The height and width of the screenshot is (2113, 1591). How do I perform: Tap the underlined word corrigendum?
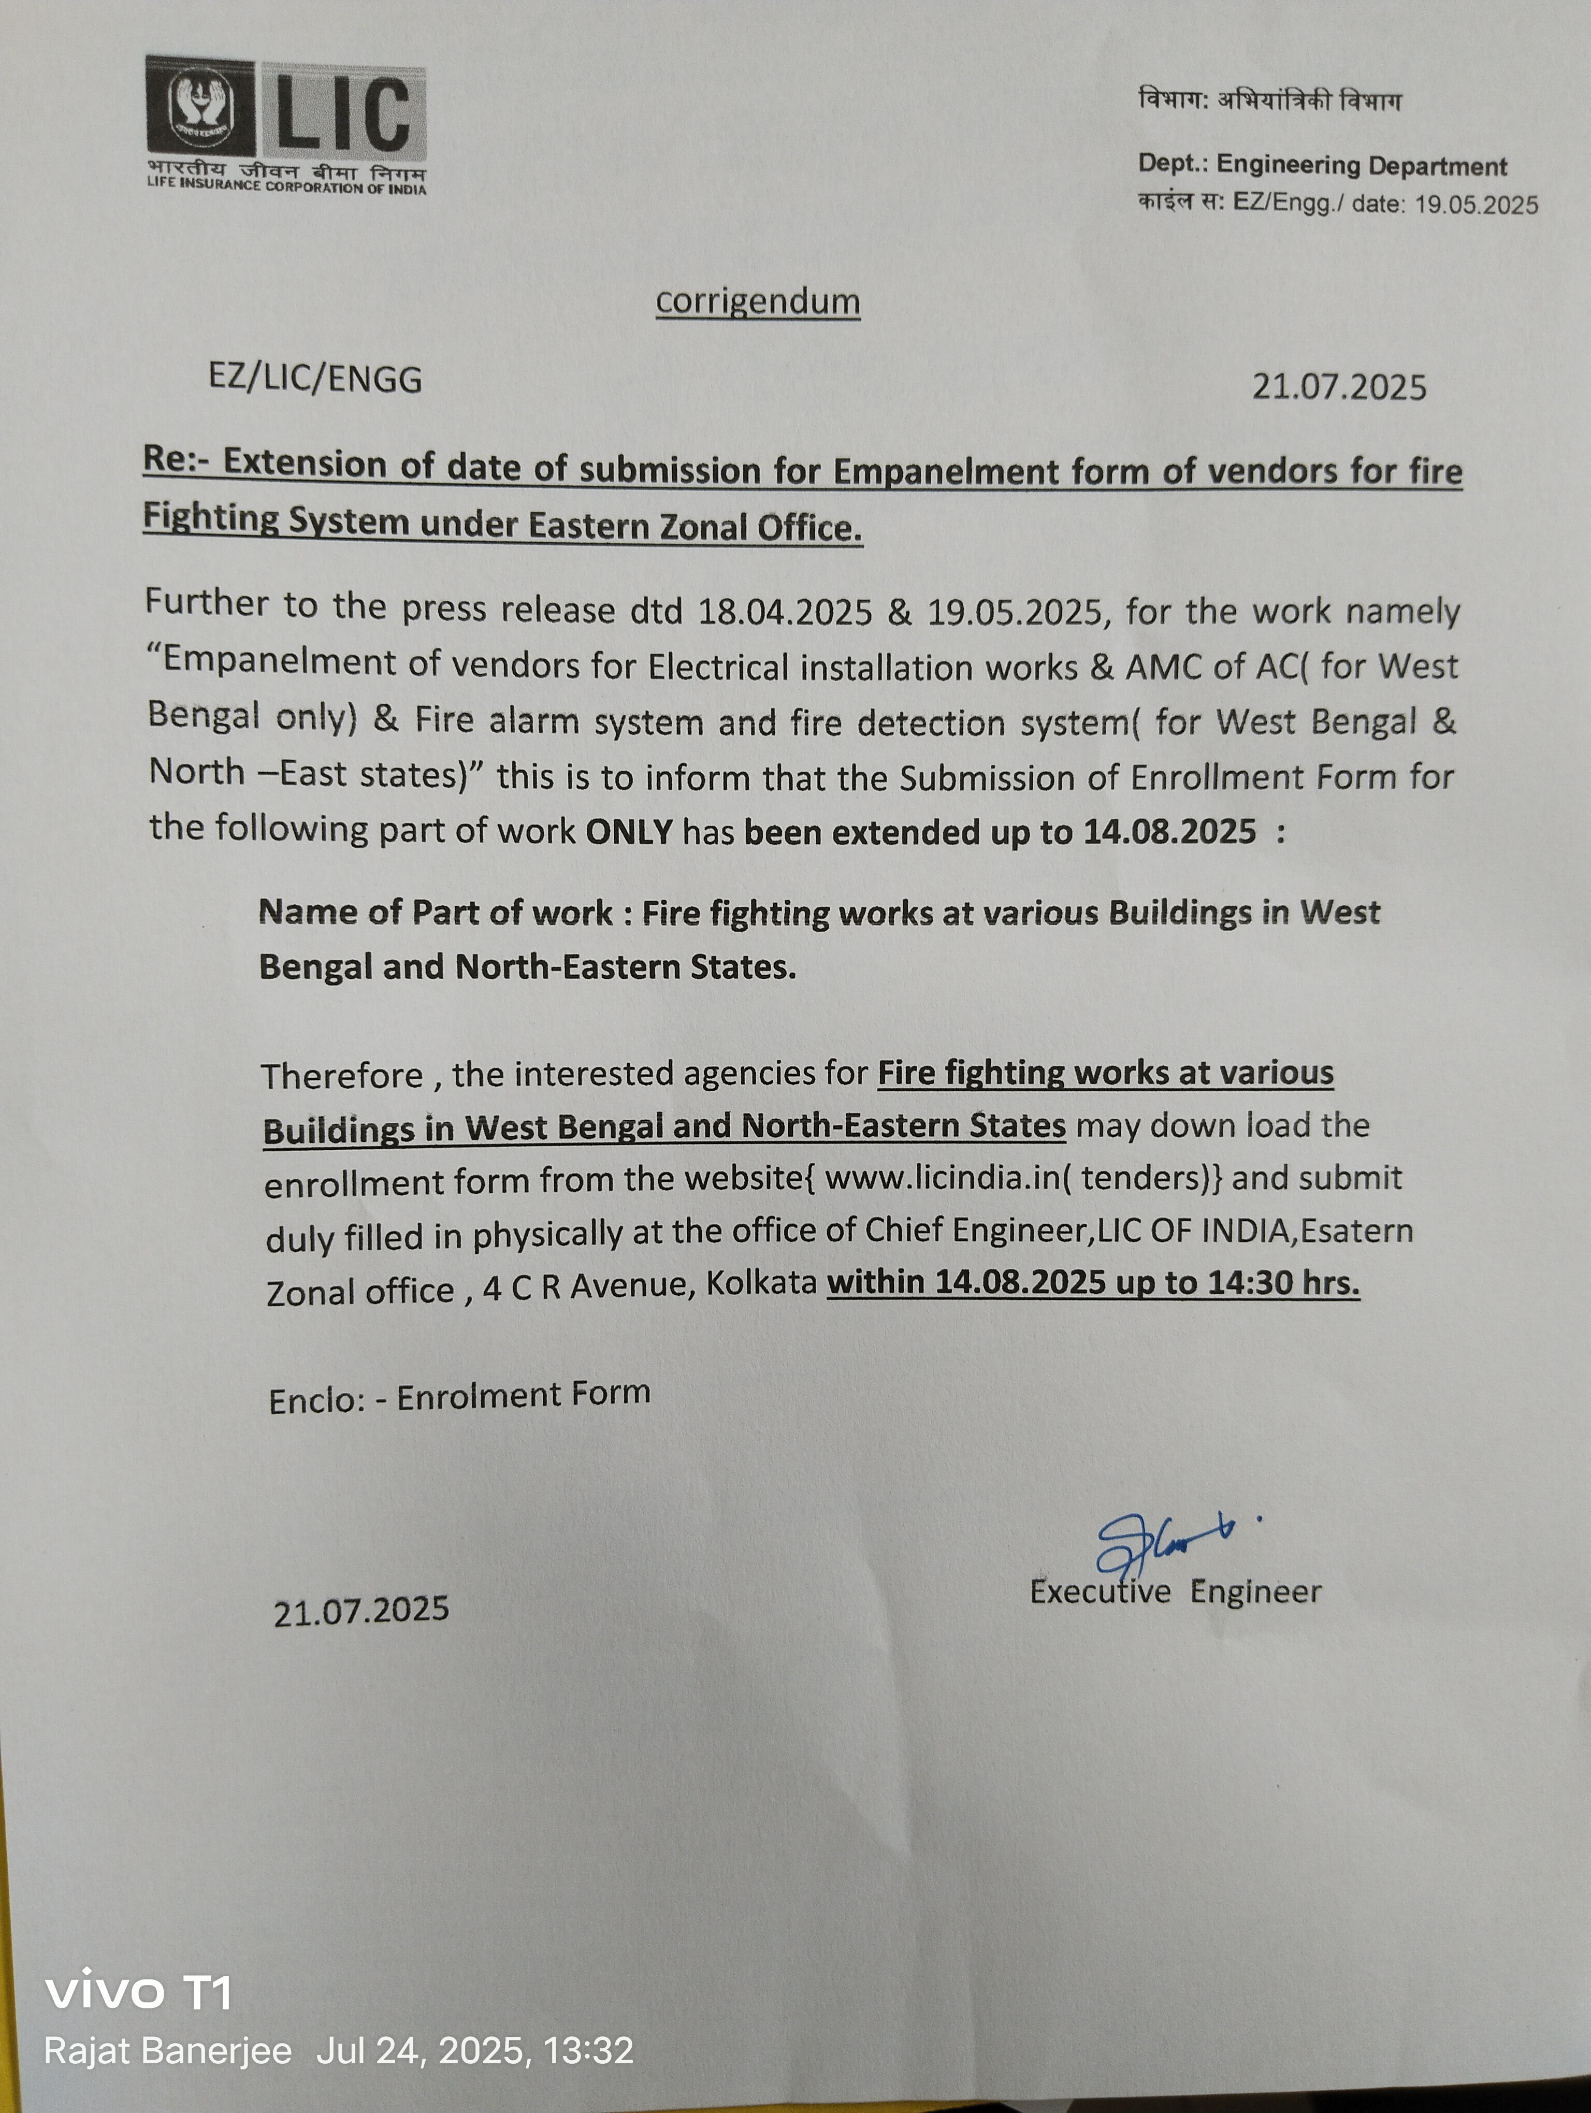click(x=757, y=302)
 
